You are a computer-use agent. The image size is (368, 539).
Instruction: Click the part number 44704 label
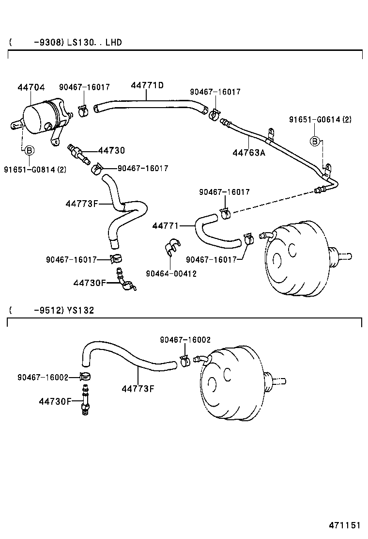[31, 88]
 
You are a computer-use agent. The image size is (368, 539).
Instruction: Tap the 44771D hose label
[147, 86]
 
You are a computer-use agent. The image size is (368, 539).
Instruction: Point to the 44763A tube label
[249, 153]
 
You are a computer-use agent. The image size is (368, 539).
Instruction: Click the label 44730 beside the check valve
[111, 151]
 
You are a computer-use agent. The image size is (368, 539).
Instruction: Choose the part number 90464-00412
[171, 273]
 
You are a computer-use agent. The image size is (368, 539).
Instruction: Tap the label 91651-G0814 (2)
[35, 169]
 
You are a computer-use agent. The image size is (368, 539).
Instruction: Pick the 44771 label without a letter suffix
[166, 226]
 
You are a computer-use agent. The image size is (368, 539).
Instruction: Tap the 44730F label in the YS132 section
[55, 401]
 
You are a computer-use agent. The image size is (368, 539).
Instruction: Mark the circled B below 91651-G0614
[315, 141]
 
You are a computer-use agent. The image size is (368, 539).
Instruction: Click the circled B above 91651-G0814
[29, 150]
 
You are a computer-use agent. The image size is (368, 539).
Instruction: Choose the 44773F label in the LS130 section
[82, 204]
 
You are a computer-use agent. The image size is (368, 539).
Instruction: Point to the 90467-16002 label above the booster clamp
[185, 340]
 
